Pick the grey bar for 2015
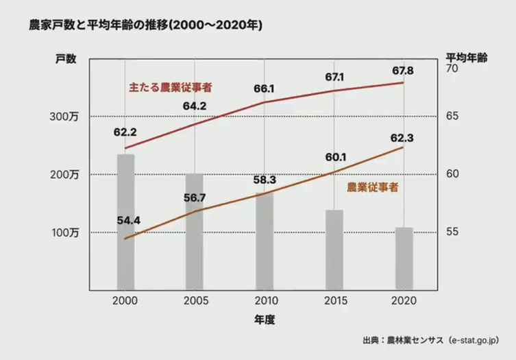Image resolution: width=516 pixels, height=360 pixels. click(x=334, y=250)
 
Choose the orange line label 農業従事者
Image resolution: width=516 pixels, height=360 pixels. click(x=373, y=187)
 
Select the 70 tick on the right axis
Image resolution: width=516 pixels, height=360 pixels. click(x=452, y=69)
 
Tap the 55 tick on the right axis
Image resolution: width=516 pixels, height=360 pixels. click(x=452, y=232)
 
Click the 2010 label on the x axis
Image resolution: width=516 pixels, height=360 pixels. click(x=264, y=302)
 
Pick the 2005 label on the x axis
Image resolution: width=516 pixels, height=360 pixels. click(x=195, y=302)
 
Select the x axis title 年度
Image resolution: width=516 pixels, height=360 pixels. click(x=264, y=320)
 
